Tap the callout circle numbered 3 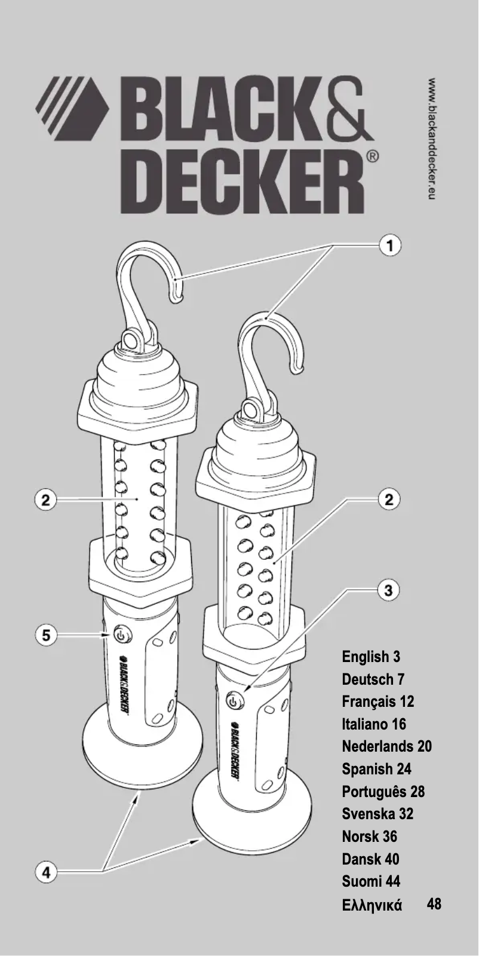click(389, 590)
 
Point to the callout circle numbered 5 click(45, 636)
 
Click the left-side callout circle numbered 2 click(45, 500)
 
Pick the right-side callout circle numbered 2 click(389, 500)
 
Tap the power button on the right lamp click(234, 701)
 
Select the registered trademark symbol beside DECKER click(372, 157)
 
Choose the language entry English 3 click(371, 657)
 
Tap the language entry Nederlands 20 click(386, 746)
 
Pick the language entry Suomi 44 click(371, 881)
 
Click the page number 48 click(434, 903)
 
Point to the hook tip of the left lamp click(177, 298)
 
